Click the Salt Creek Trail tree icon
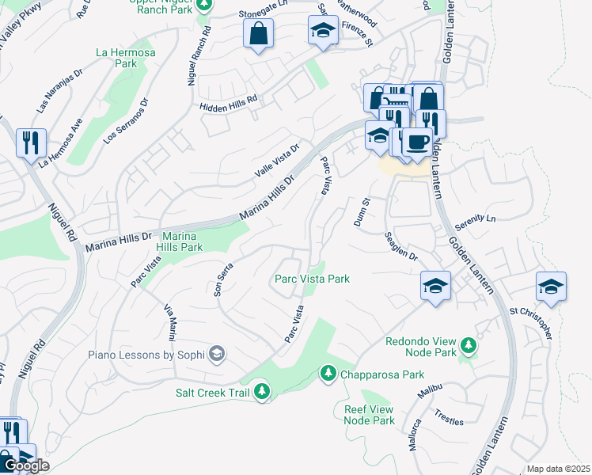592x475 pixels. pyautogui.click(x=262, y=392)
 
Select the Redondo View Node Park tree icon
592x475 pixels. pyautogui.click(x=469, y=344)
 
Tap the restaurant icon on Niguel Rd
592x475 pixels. pyautogui.click(x=31, y=142)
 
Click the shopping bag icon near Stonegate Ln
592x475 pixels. pyautogui.click(x=258, y=33)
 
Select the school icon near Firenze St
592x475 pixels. pyautogui.click(x=322, y=31)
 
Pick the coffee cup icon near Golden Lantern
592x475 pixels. pyautogui.click(x=416, y=142)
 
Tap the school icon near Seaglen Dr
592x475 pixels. pyautogui.click(x=435, y=286)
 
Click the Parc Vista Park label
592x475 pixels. pyautogui.click(x=312, y=279)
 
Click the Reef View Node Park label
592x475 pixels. pyautogui.click(x=370, y=414)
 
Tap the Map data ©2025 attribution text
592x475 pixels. pyautogui.click(x=557, y=469)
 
